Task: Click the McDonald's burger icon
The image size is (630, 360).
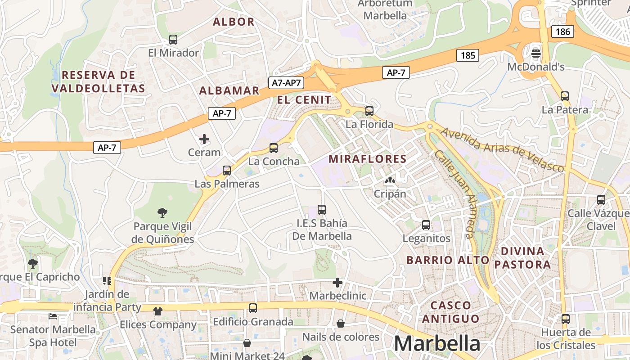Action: pos(535,54)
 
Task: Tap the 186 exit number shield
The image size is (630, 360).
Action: pos(562,31)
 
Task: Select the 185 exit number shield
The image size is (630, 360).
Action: pos(468,55)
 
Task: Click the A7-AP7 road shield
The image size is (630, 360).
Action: pos(286,83)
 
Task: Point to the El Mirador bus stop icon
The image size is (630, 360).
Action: pos(173,40)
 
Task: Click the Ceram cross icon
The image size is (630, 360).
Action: pos(204,139)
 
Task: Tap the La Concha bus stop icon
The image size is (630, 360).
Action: pos(273,148)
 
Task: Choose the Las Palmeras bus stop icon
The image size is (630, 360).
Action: pos(227,171)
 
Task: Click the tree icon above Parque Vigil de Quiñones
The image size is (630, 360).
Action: pos(162,212)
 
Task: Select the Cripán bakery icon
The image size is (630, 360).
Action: pos(390,181)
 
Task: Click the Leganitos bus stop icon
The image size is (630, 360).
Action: pos(426,225)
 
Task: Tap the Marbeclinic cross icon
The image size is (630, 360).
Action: pos(337,283)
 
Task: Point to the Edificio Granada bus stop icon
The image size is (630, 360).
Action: pos(253,308)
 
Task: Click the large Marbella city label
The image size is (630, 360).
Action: pos(436,344)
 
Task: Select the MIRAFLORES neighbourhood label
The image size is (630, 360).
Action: pos(368,159)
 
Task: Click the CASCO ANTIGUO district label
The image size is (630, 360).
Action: pos(450,312)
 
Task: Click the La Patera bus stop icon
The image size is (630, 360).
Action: pos(565,96)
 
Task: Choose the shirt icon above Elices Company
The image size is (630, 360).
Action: pos(157,311)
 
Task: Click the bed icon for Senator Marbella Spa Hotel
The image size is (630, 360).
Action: pos(53,316)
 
